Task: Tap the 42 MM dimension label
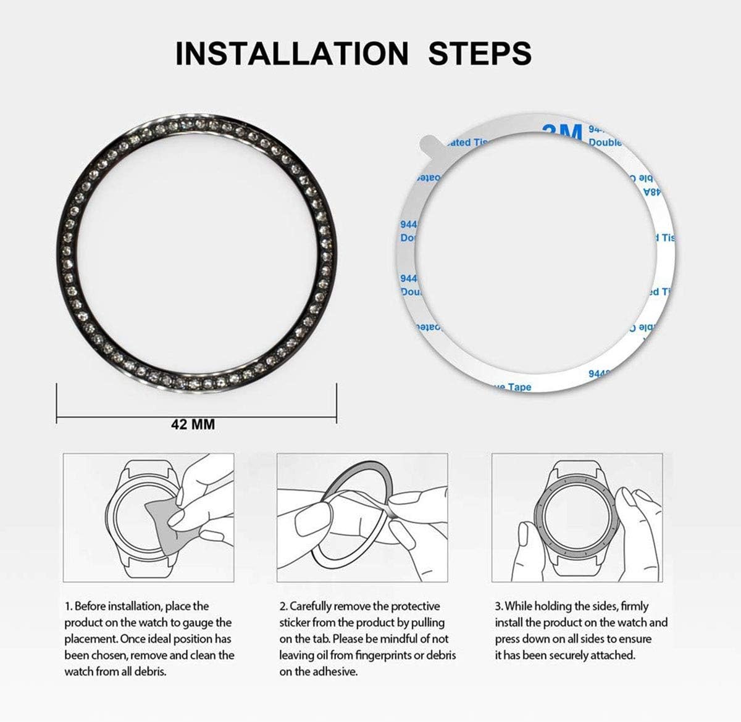193,425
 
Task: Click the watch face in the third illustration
578,518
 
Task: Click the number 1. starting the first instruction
68,607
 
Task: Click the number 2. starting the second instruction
283,607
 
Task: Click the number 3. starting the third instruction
498,607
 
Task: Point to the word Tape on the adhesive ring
519,387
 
